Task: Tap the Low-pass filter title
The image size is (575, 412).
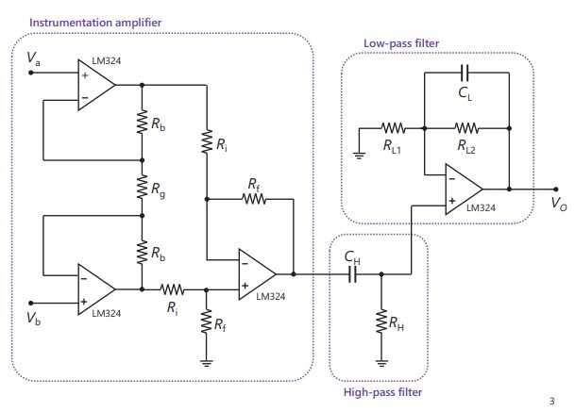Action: pos(402,42)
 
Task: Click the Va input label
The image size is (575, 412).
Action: pos(34,59)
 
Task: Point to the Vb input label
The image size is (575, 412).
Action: pos(34,316)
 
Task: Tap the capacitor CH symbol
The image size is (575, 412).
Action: pos(352,274)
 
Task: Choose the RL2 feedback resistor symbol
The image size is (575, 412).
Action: pos(466,125)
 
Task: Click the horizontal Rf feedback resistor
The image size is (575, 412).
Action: pos(254,199)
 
